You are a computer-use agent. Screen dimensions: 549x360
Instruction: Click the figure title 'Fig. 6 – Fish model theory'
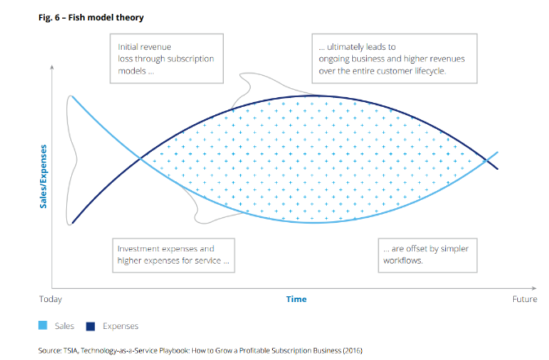click(x=91, y=17)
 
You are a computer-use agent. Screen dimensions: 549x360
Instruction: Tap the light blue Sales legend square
click(x=42, y=326)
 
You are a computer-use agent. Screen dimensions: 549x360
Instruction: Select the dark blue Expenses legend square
click(x=91, y=326)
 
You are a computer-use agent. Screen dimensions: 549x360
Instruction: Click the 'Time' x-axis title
click(x=297, y=299)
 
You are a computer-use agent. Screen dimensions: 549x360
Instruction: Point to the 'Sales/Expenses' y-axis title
click(x=43, y=176)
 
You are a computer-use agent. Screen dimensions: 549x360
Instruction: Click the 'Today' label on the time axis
click(x=51, y=299)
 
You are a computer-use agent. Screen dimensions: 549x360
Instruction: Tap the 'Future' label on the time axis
click(x=524, y=299)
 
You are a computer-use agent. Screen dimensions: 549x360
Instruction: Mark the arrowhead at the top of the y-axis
click(x=51, y=67)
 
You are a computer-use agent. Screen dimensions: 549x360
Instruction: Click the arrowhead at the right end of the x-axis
click(x=534, y=288)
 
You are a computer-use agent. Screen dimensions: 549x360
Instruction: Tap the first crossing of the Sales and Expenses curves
click(x=141, y=158)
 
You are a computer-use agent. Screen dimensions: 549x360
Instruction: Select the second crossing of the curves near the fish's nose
click(x=486, y=161)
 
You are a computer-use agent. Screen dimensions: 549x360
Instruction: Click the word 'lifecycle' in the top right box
click(x=431, y=71)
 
